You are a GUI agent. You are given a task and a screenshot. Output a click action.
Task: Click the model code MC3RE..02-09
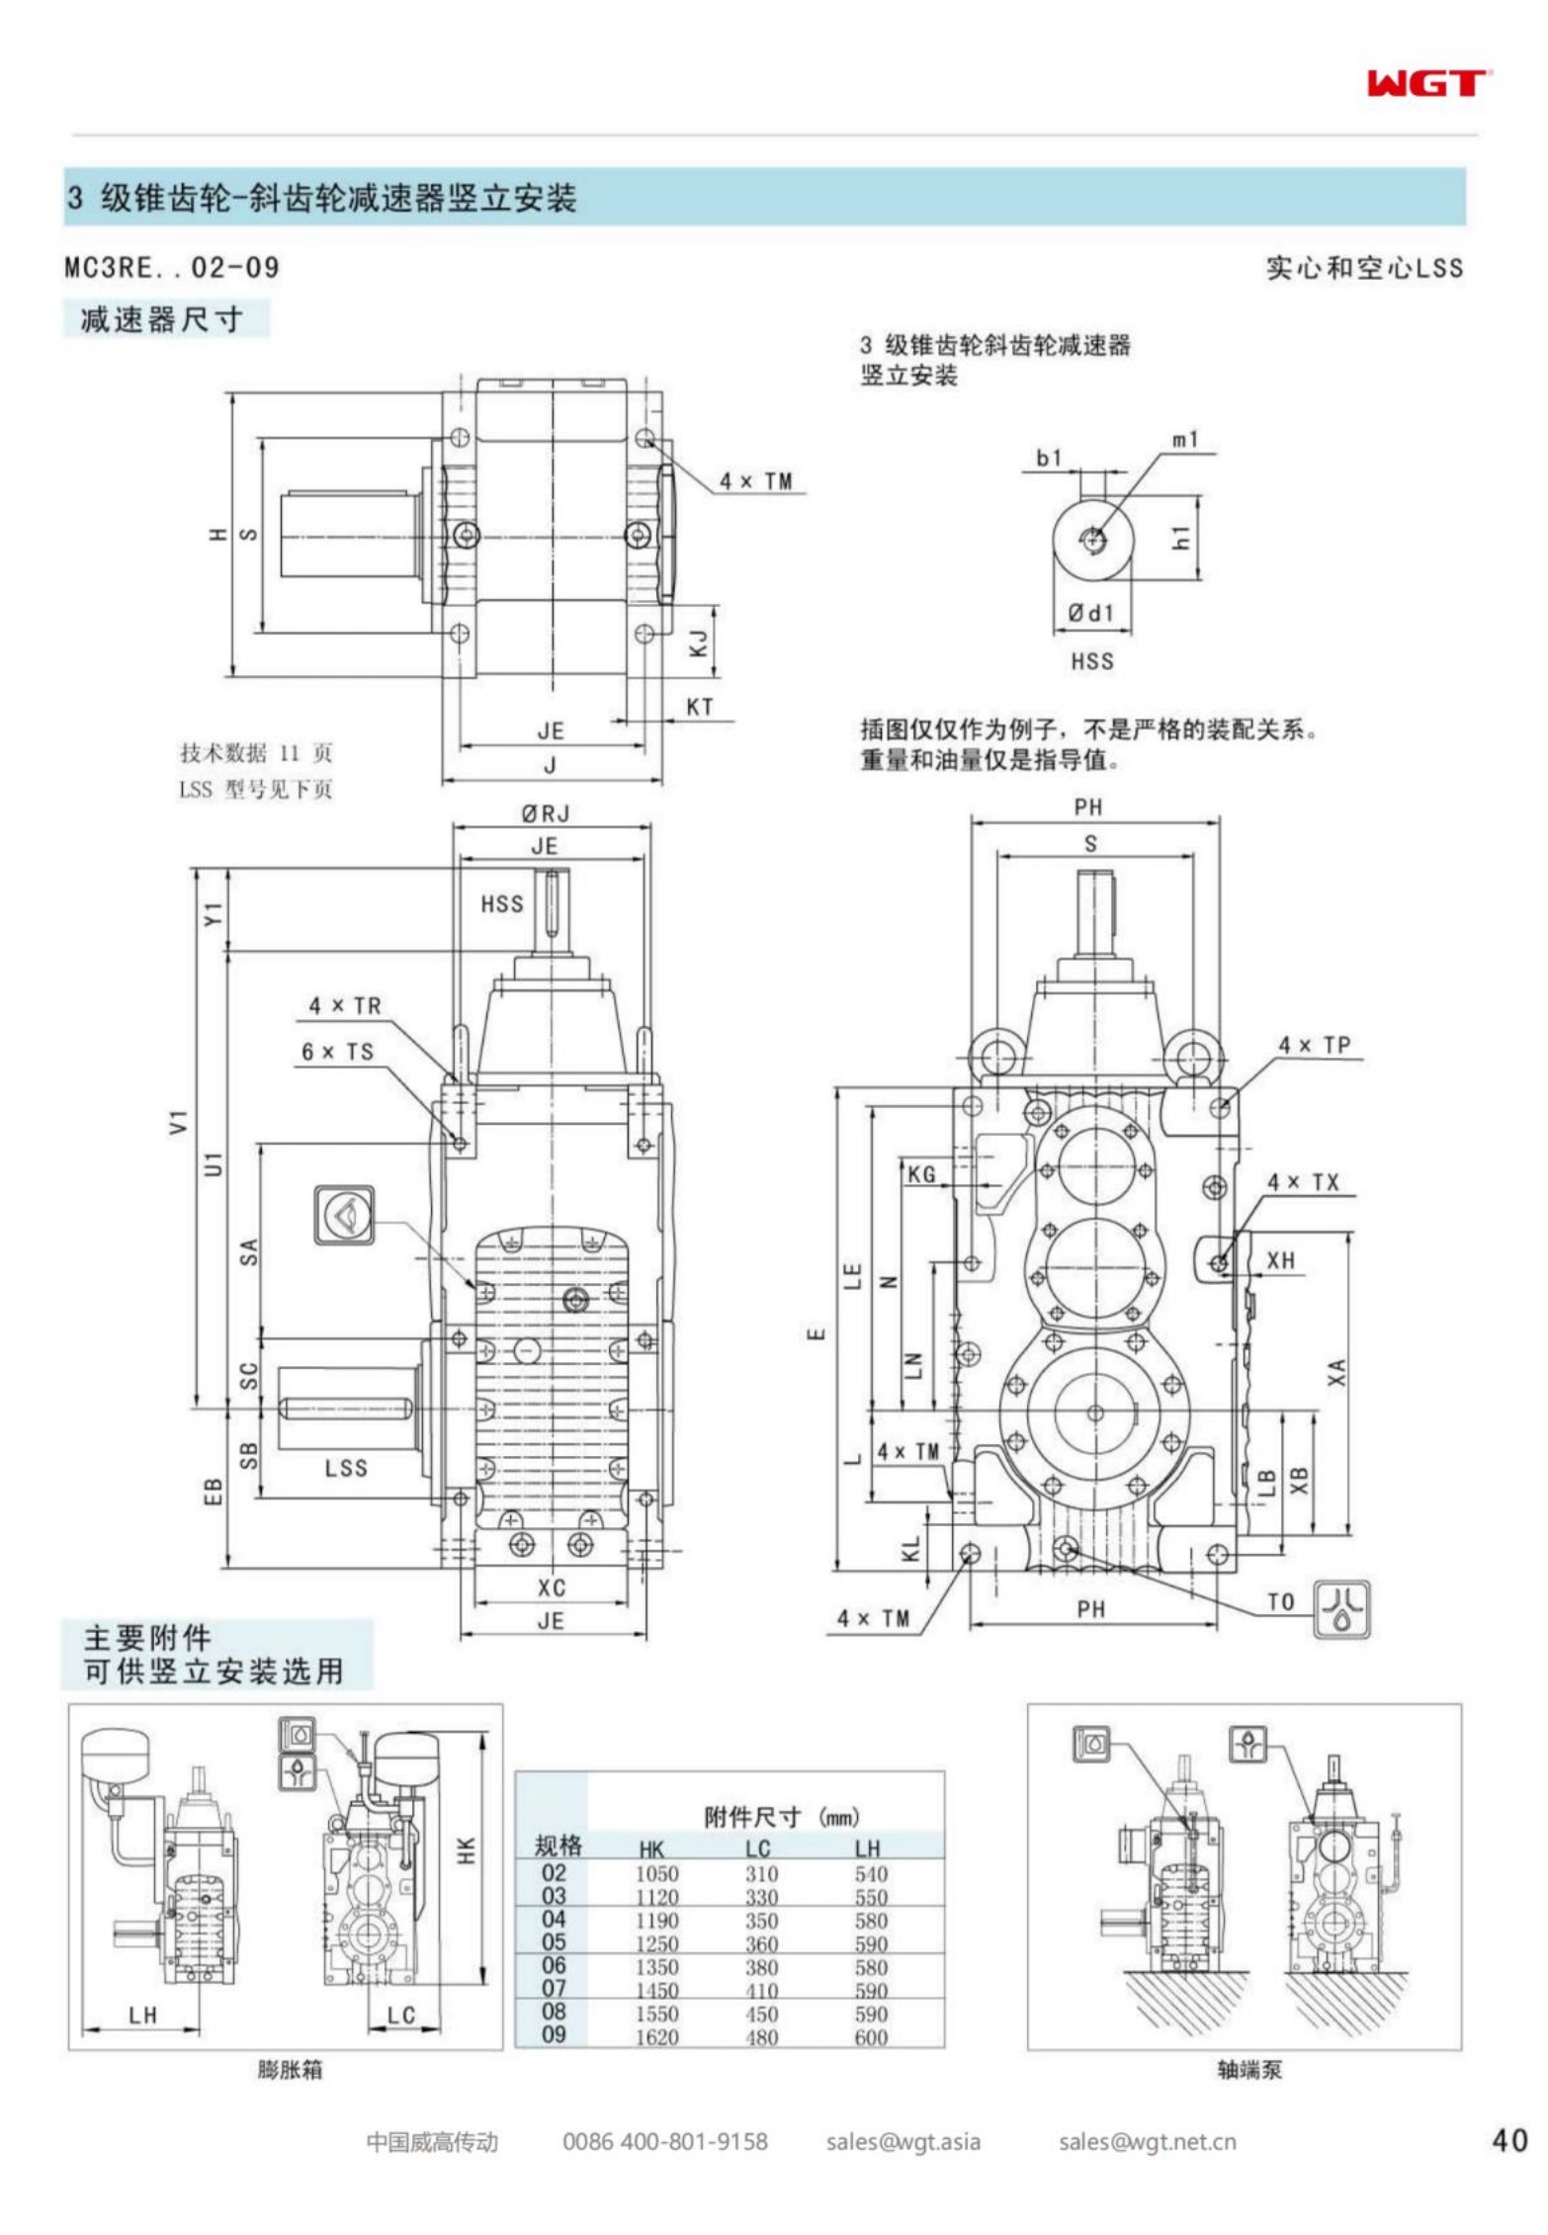click(x=172, y=267)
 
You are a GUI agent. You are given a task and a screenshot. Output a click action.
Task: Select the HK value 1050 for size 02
click(x=656, y=1874)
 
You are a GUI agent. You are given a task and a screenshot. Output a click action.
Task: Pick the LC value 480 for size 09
click(x=761, y=2037)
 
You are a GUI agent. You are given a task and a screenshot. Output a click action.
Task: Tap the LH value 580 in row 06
click(x=871, y=1967)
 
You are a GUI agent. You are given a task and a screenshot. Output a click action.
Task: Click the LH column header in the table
click(x=868, y=1848)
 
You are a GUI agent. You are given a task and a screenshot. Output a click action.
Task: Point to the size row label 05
click(x=554, y=1942)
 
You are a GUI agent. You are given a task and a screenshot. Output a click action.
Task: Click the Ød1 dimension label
click(x=1090, y=613)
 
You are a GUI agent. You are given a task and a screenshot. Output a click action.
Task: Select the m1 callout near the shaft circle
click(x=1185, y=439)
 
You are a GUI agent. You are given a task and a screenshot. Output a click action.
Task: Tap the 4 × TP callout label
click(x=1315, y=1045)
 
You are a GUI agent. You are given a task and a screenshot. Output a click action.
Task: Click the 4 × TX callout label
click(x=1304, y=1182)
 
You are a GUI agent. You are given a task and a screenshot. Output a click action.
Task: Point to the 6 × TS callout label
click(x=338, y=1052)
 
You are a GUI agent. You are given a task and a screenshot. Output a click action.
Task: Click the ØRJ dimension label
click(x=546, y=814)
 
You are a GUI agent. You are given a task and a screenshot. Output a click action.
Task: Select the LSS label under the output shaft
click(x=346, y=1468)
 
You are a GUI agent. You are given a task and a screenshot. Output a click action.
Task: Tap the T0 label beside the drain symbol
click(x=1281, y=1602)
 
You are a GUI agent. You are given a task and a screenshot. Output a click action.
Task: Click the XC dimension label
click(x=552, y=1588)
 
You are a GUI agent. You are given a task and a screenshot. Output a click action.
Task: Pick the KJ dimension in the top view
click(x=699, y=644)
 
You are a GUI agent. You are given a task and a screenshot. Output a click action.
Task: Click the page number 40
click(x=1508, y=2140)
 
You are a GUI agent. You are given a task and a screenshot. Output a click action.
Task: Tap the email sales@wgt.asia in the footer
click(x=903, y=2141)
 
